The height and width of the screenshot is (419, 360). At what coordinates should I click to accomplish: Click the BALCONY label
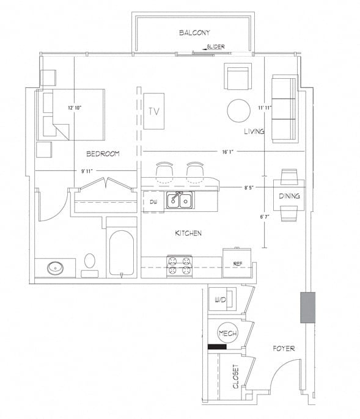(194, 32)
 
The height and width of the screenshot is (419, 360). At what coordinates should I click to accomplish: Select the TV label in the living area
(154, 111)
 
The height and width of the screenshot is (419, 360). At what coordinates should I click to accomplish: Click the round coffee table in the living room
(238, 111)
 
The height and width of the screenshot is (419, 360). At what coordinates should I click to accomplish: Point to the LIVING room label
(254, 131)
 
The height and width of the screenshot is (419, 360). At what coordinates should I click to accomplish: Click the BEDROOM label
(102, 153)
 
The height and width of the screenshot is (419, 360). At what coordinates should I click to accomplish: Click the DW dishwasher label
(153, 201)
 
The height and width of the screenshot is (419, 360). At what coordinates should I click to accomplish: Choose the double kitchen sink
(179, 200)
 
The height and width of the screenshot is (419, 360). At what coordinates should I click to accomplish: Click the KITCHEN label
(188, 233)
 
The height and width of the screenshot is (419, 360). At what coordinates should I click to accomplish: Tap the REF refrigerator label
(238, 264)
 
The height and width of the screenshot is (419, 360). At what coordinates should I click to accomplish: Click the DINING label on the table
(289, 196)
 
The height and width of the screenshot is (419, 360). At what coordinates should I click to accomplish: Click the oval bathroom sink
(56, 268)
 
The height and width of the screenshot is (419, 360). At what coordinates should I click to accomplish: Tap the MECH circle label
(227, 333)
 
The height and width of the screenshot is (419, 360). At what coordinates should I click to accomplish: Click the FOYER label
(284, 349)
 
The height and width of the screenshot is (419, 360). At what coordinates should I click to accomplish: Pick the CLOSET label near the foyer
(235, 376)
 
